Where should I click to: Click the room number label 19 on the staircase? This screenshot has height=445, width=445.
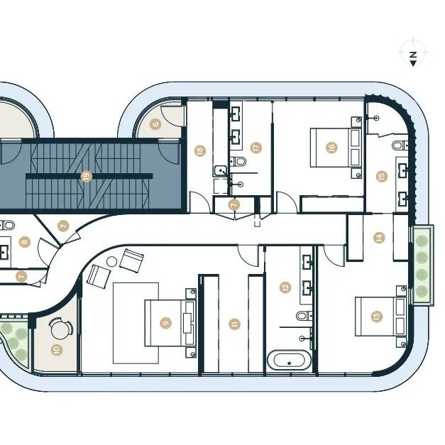87,176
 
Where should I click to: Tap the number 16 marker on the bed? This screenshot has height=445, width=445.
331,148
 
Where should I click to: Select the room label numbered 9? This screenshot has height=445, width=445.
165,323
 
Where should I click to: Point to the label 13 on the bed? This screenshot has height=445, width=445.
376,316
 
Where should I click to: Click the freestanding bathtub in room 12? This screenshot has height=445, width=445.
289,361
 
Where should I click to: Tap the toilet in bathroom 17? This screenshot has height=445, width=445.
238,162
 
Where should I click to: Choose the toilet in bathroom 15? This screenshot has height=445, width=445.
401,145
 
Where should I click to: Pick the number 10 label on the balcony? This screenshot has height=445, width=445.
57,350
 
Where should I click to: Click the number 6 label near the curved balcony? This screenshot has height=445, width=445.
155,124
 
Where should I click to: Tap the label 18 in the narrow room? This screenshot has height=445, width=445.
200,150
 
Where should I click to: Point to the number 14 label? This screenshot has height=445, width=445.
379,237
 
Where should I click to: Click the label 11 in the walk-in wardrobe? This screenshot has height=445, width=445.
234,324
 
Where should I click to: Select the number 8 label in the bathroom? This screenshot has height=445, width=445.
24,242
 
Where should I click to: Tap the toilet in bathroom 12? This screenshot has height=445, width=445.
304,315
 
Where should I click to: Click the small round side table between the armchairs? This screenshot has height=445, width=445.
112,261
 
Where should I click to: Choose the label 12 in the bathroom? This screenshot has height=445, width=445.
285,287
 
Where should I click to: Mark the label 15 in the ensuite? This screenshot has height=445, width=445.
381,176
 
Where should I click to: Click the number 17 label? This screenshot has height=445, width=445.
256,148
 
